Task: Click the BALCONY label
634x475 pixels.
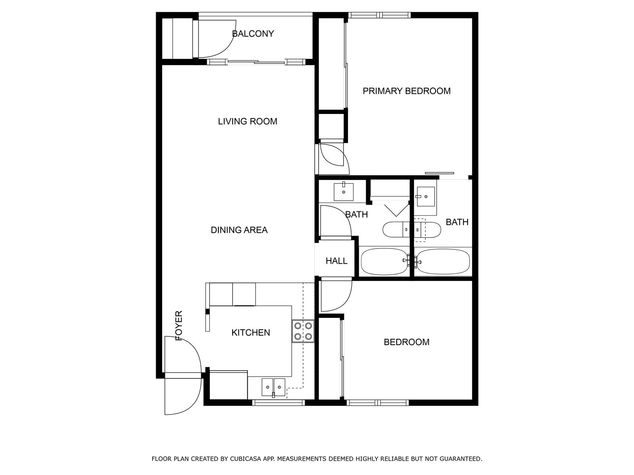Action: [253, 34]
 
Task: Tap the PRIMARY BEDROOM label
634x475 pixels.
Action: [407, 91]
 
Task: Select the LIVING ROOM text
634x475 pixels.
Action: [248, 122]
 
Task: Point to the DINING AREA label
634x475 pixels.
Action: [239, 230]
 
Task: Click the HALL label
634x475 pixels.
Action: [336, 261]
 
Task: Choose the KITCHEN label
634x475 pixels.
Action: [251, 332]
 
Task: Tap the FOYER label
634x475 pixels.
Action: [179, 326]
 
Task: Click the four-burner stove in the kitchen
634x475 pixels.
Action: [303, 331]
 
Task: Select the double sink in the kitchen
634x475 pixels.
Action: [273, 387]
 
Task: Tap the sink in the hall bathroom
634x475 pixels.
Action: [344, 192]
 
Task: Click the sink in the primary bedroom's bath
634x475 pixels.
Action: [426, 196]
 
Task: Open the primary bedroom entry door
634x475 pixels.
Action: [335, 159]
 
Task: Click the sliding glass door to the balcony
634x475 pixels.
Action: [256, 62]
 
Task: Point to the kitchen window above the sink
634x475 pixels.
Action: [279, 403]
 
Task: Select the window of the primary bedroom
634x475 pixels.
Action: [379, 15]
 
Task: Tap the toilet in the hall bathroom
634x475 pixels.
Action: [396, 230]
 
